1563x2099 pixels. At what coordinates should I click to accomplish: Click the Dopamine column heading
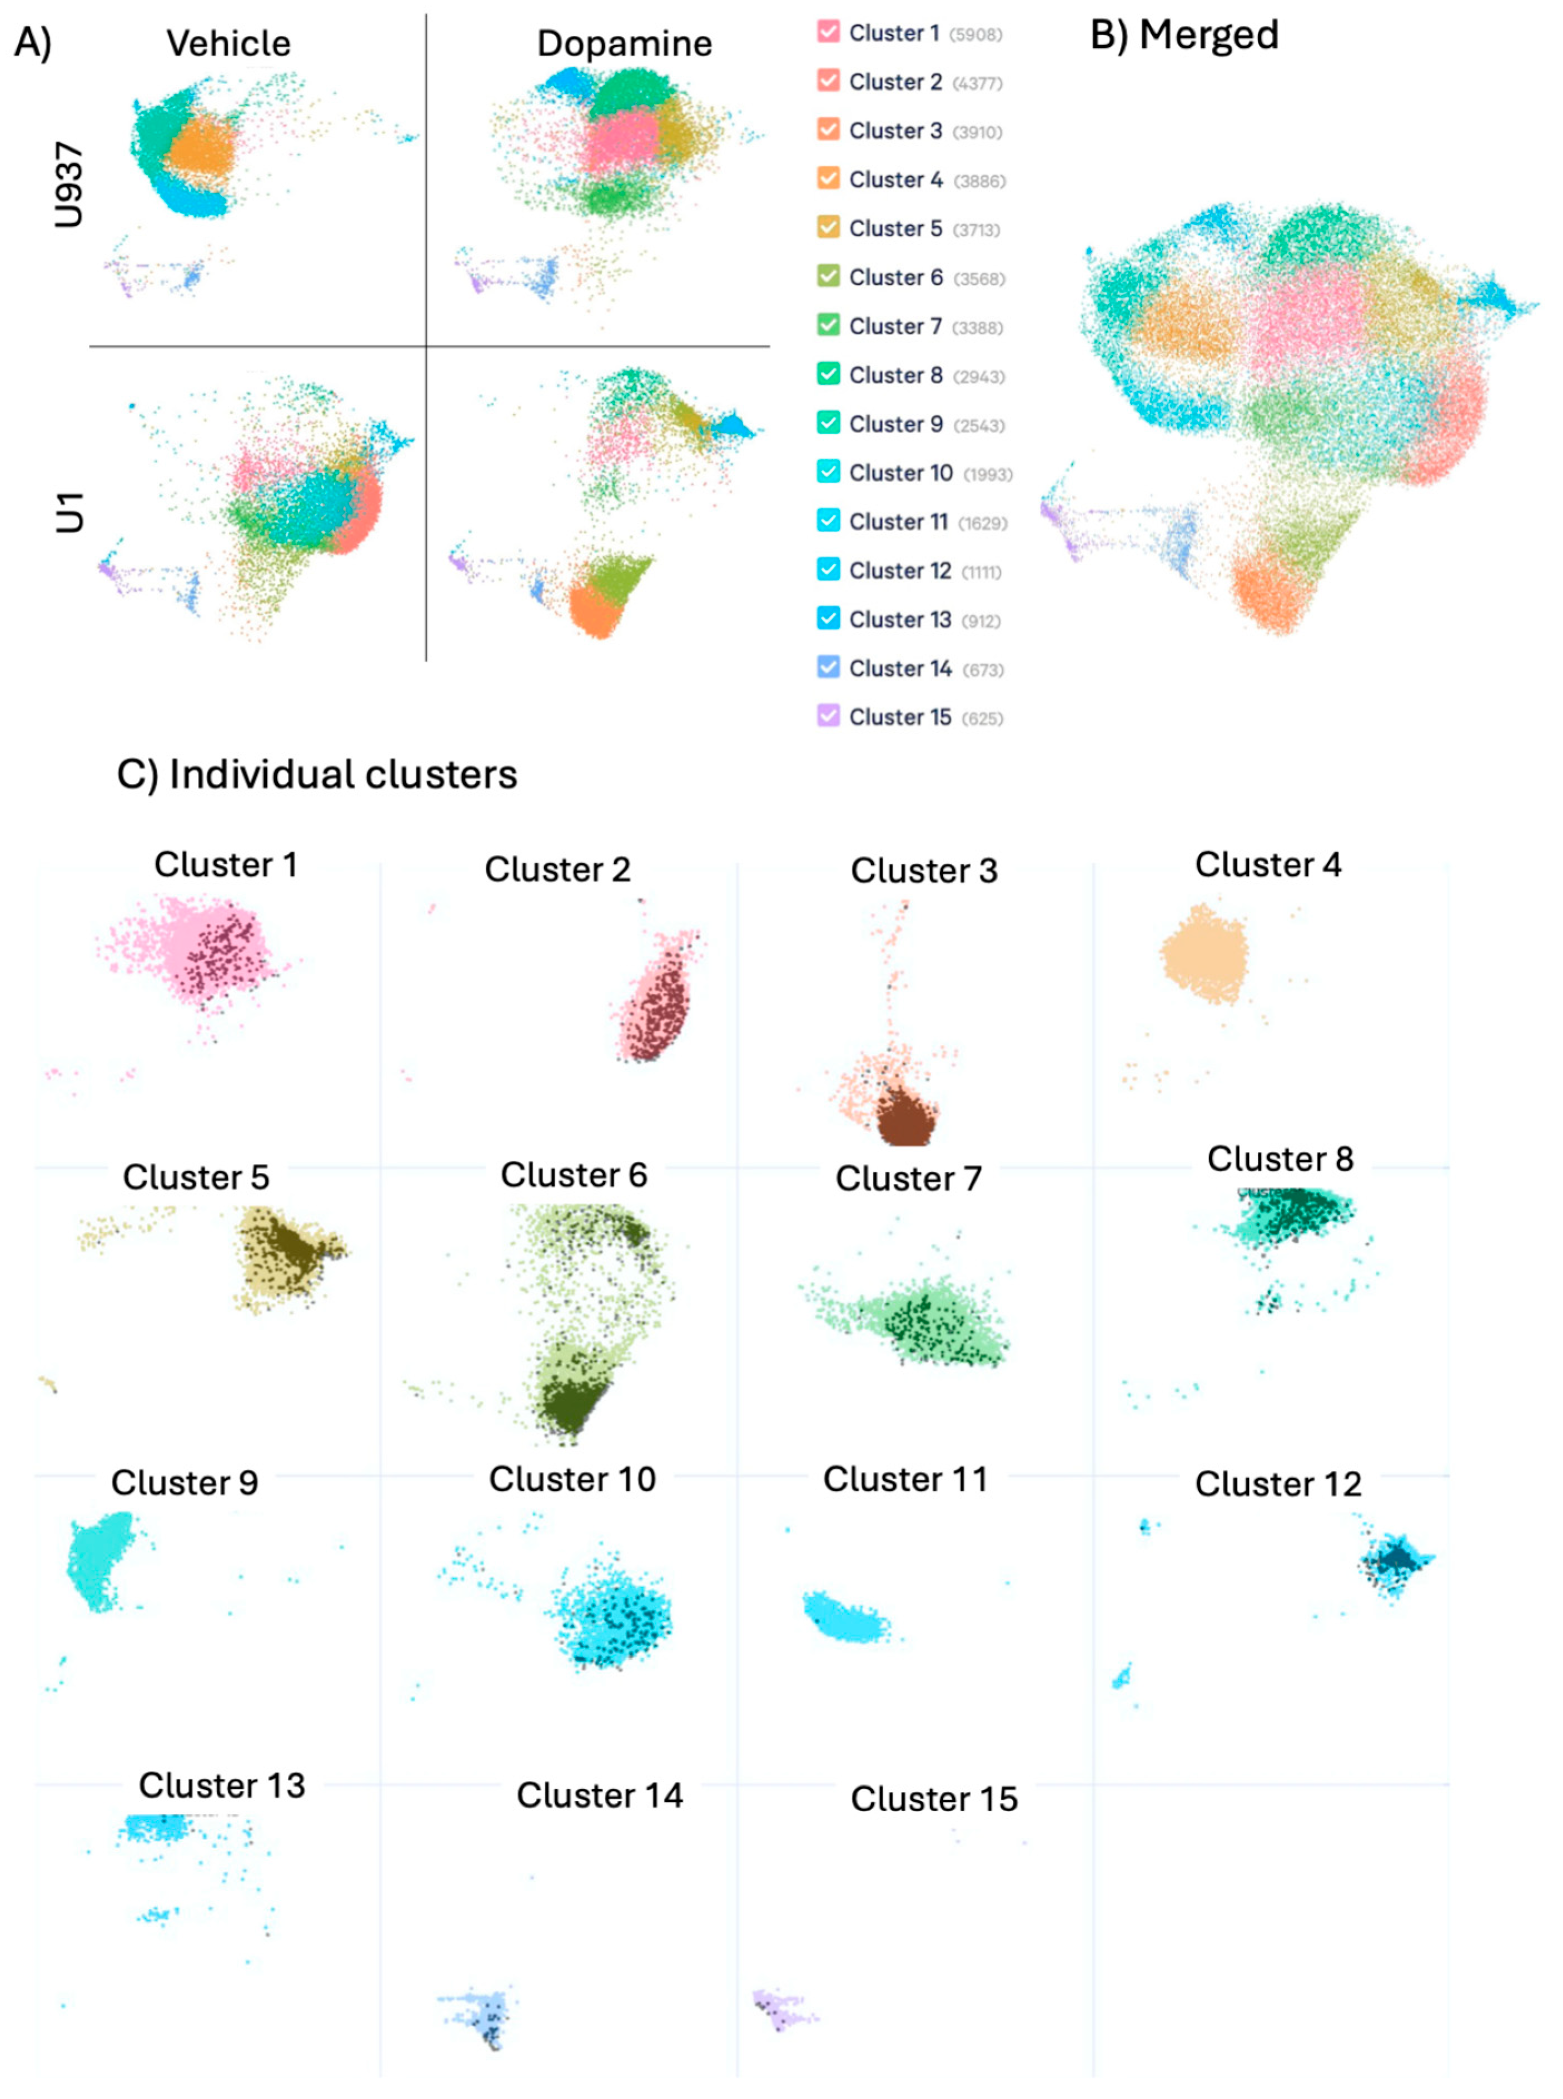pyautogui.click(x=624, y=43)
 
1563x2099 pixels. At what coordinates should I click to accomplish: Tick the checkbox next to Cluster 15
pyautogui.click(x=828, y=716)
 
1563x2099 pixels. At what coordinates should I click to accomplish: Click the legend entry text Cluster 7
pyautogui.click(x=895, y=326)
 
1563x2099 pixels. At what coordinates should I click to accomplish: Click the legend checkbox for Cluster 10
pyautogui.click(x=828, y=472)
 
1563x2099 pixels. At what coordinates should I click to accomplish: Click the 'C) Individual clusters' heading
pyautogui.click(x=317, y=774)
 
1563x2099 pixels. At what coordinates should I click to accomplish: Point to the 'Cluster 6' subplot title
pyautogui.click(x=574, y=1175)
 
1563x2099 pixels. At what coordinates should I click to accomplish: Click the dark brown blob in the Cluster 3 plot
pyautogui.click(x=904, y=1118)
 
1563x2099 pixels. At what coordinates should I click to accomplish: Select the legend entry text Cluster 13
pyautogui.click(x=900, y=620)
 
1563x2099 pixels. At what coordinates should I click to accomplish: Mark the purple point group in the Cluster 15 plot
pyautogui.click(x=780, y=2008)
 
